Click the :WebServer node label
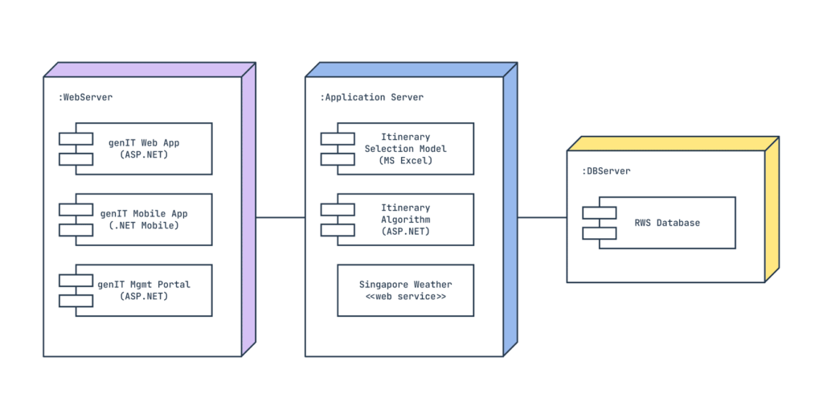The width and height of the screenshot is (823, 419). click(85, 97)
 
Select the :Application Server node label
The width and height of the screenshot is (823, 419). click(371, 97)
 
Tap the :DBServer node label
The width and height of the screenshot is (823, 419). click(606, 171)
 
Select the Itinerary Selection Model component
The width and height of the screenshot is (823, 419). click(405, 149)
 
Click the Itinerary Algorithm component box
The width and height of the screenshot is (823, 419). click(405, 220)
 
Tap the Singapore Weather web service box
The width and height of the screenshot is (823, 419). click(405, 290)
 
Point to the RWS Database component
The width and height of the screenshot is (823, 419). click(666, 223)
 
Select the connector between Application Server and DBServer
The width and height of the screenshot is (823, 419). click(542, 217)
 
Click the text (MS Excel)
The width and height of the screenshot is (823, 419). click(405, 161)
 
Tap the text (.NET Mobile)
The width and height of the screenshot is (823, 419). click(144, 225)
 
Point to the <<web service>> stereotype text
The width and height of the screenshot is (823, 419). click(405, 297)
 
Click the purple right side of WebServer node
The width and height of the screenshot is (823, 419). click(248, 209)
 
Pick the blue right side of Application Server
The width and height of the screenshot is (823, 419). click(510, 209)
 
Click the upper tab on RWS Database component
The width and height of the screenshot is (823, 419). click(600, 213)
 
